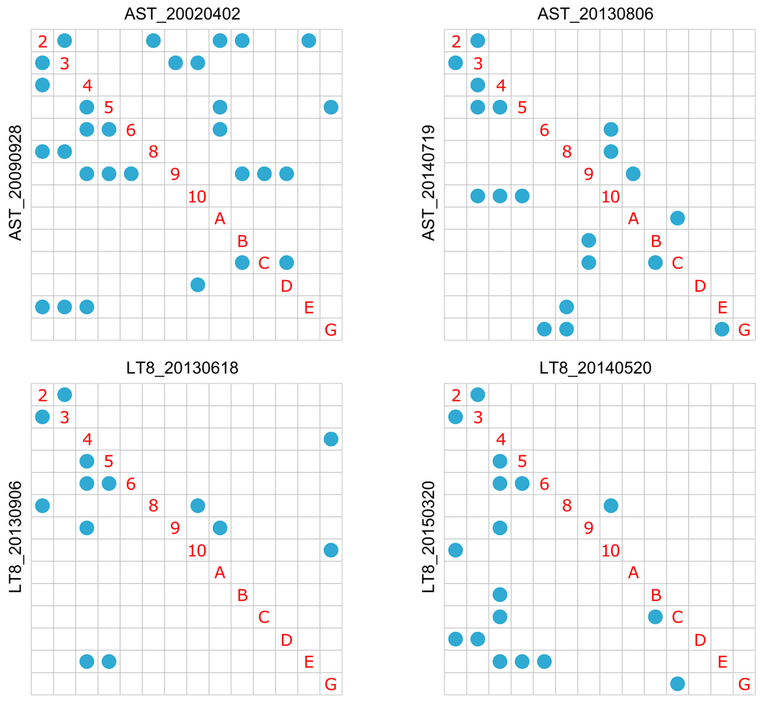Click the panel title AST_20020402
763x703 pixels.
pos(182,14)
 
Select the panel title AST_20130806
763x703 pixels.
pos(595,14)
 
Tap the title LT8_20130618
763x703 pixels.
pos(182,368)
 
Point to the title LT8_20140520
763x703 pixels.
pos(595,368)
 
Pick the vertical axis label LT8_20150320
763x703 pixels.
pos(428,537)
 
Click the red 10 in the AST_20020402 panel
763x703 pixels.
pos(197,197)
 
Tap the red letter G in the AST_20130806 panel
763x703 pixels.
pos(744,330)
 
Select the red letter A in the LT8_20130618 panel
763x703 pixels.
pos(220,572)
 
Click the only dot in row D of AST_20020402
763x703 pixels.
pos(197,285)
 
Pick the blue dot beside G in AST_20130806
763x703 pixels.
pos(722,329)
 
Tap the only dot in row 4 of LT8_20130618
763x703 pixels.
pos(331,439)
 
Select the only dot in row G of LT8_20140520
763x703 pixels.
pos(677,684)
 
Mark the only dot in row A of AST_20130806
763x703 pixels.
pos(677,218)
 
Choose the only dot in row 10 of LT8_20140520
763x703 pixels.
pos(455,550)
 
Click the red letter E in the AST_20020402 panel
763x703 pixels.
pos(309,307)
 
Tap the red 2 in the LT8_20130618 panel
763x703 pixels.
pos(43,396)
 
